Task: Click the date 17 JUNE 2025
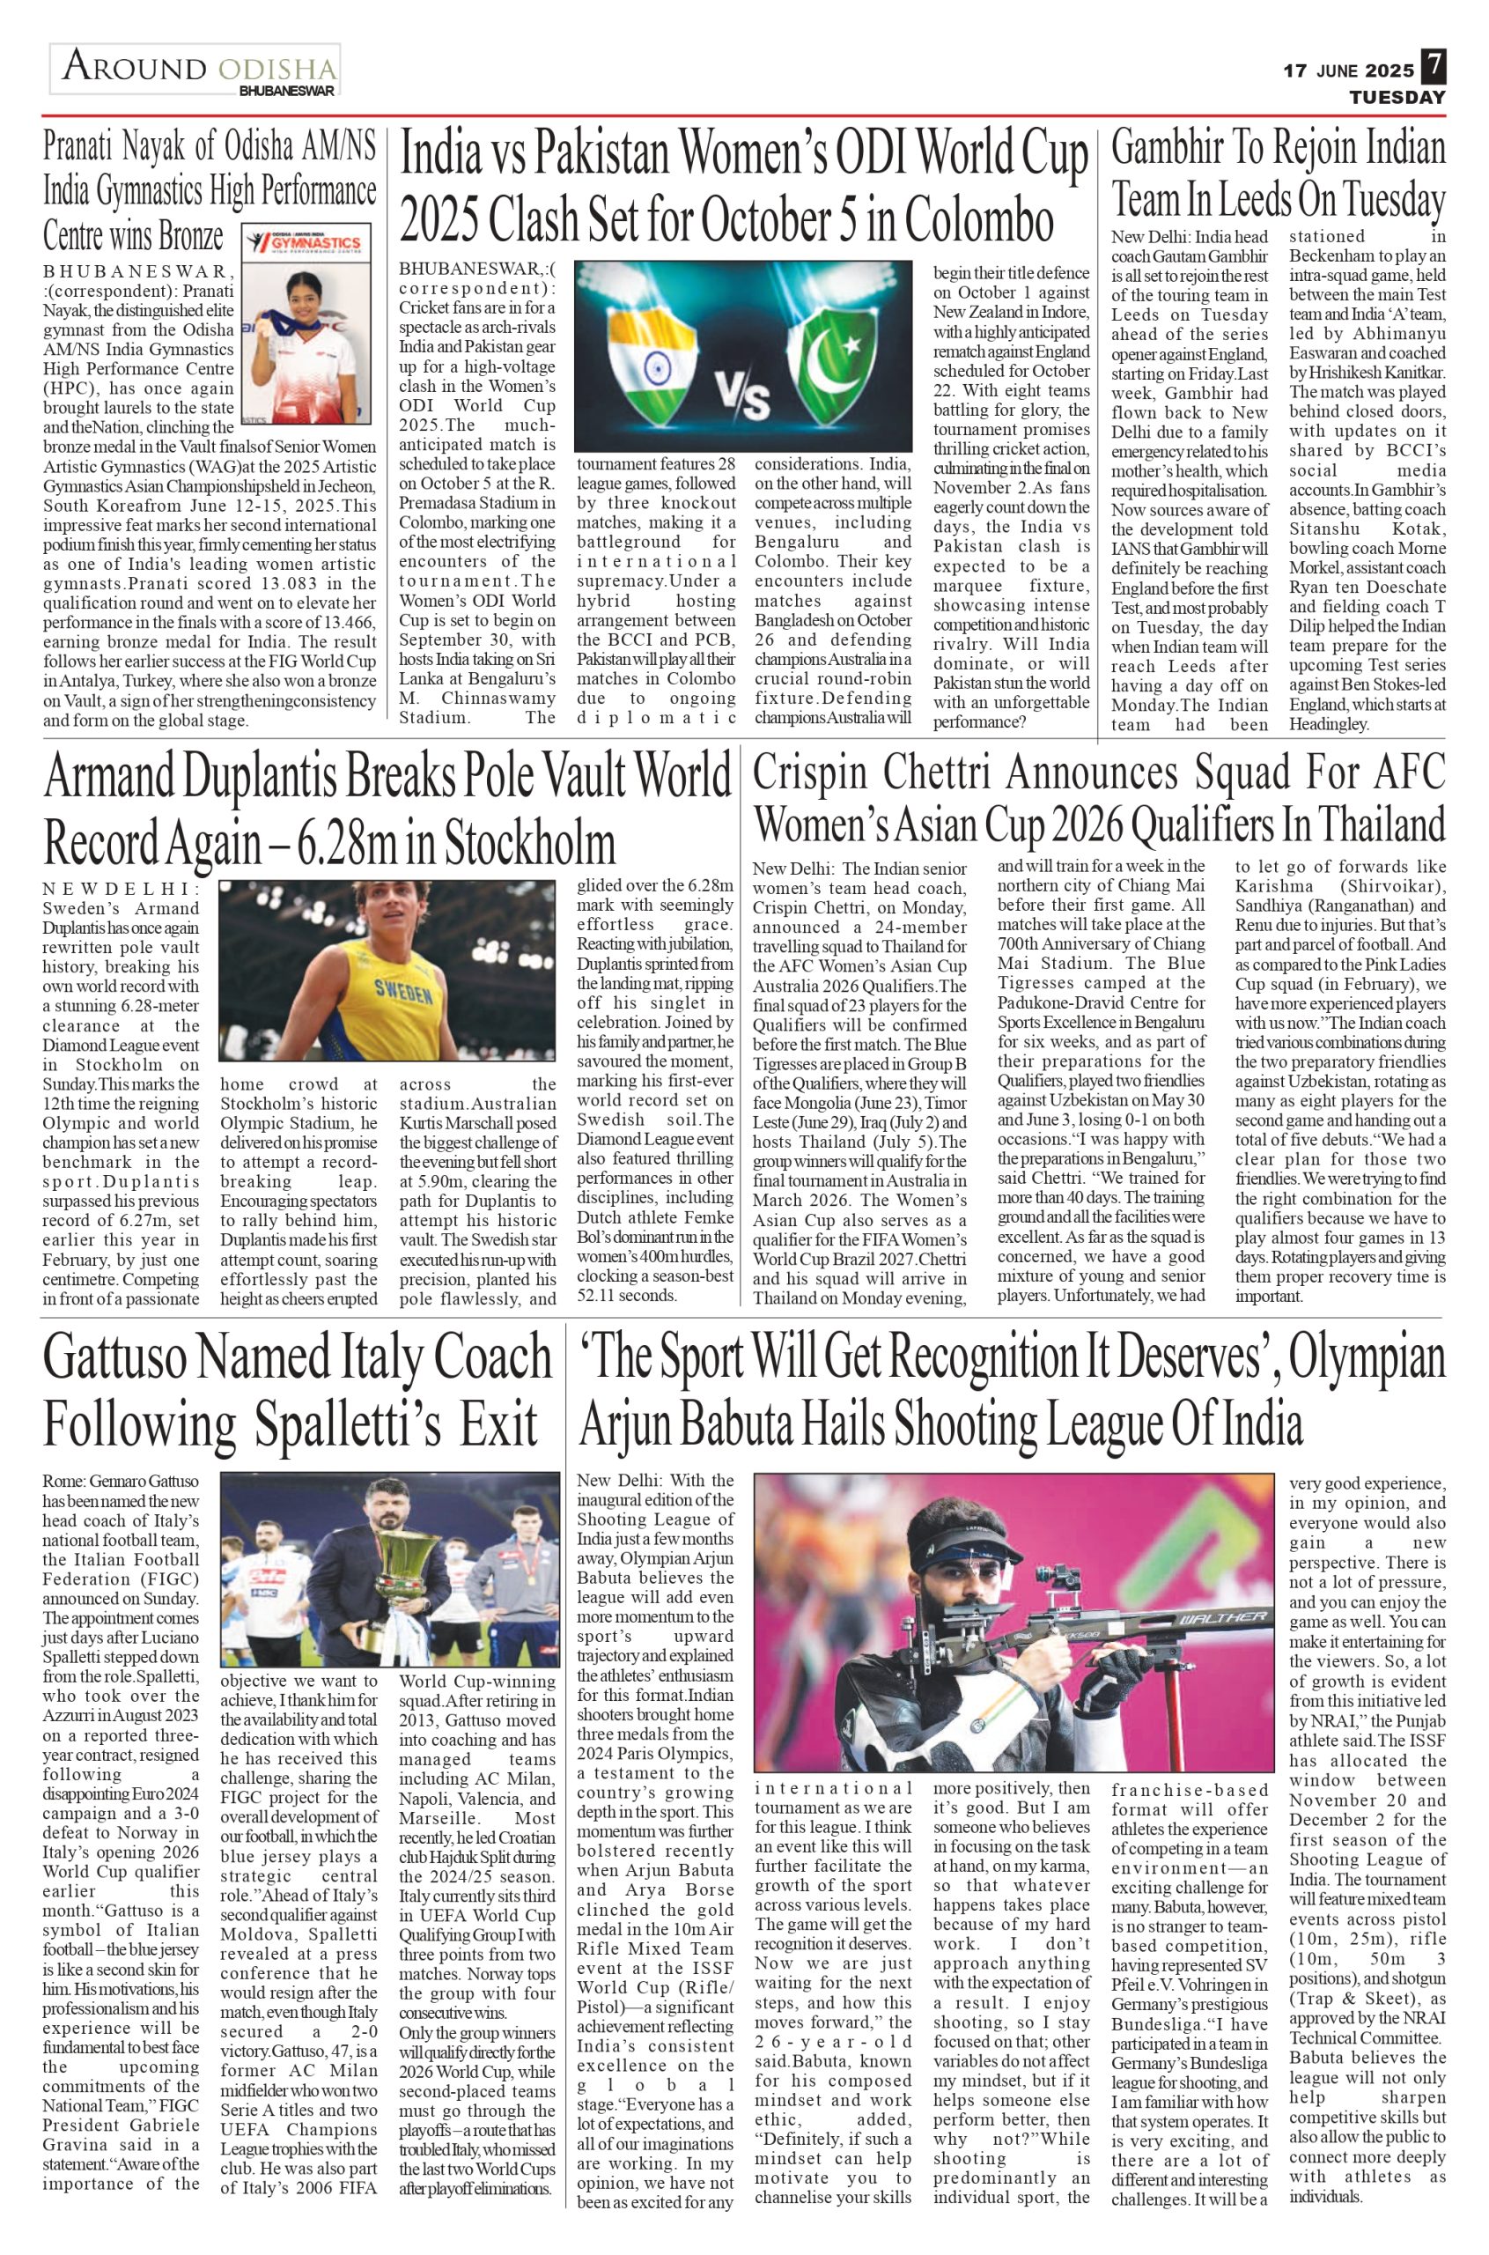(x=1348, y=70)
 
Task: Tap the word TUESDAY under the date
(x=1397, y=98)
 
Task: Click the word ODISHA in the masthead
(x=277, y=70)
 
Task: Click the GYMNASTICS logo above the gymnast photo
(x=304, y=241)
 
